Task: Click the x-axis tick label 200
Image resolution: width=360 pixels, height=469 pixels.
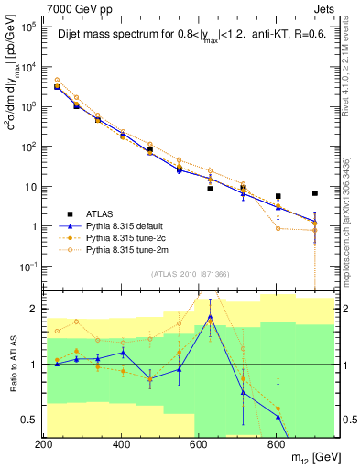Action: pyautogui.click(x=43, y=445)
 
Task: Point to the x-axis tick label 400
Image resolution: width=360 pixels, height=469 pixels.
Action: pyautogui.click(x=121, y=445)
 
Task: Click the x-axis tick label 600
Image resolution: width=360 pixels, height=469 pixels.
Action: pyautogui.click(x=199, y=445)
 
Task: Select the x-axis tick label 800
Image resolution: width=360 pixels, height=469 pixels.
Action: pyautogui.click(x=276, y=445)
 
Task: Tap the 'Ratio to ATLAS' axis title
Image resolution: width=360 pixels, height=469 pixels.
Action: pyautogui.click(x=12, y=365)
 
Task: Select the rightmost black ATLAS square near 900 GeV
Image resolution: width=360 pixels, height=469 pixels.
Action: pyautogui.click(x=315, y=193)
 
